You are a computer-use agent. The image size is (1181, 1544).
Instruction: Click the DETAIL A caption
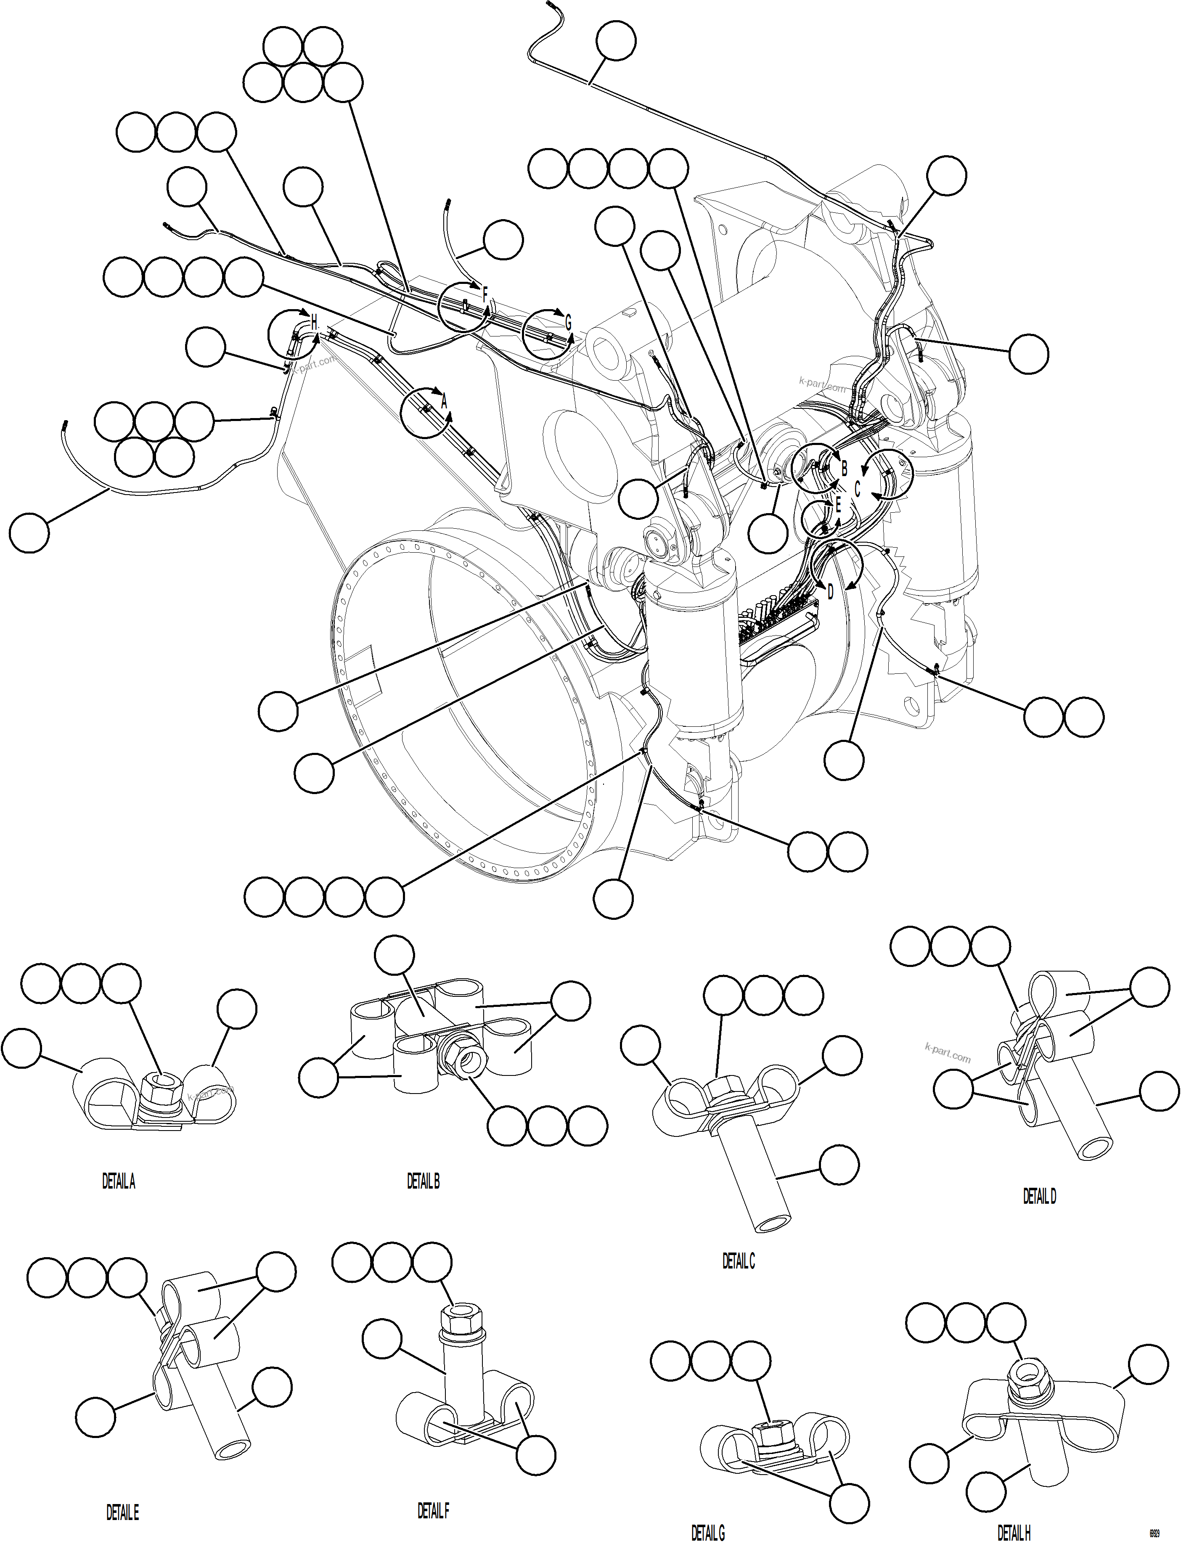click(118, 1182)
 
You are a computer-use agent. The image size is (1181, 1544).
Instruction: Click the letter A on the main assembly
click(444, 402)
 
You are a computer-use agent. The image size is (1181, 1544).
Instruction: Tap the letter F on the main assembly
click(485, 297)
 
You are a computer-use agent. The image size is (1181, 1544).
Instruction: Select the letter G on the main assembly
click(568, 323)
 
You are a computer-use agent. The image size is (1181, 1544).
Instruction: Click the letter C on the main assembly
click(857, 489)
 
